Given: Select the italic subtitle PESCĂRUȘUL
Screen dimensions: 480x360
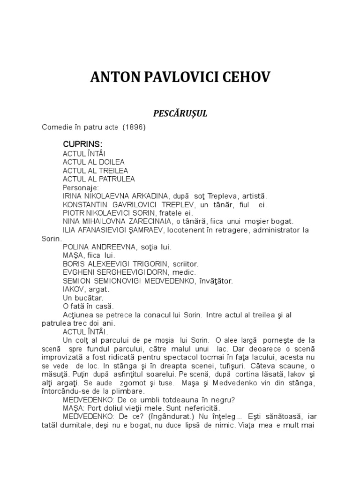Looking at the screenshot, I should point(180,113).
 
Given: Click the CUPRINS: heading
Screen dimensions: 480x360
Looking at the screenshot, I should point(82,144).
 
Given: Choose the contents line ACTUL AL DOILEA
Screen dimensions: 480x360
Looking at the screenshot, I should point(94,162).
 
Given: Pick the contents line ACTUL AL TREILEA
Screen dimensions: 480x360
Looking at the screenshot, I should point(95,170).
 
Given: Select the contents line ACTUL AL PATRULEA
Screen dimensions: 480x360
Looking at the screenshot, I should point(98,179).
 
